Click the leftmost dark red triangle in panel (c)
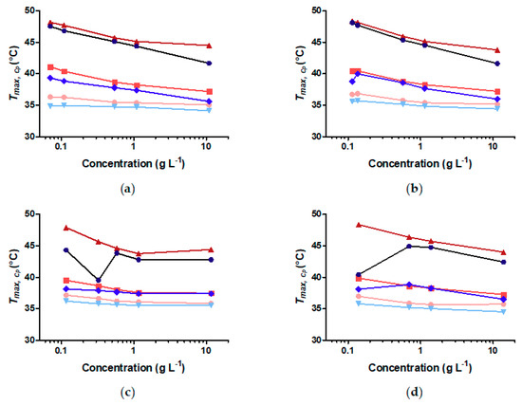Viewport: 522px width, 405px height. click(x=66, y=228)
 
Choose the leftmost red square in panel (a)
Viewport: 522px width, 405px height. click(x=50, y=67)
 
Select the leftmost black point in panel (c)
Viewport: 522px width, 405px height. click(x=66, y=250)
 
